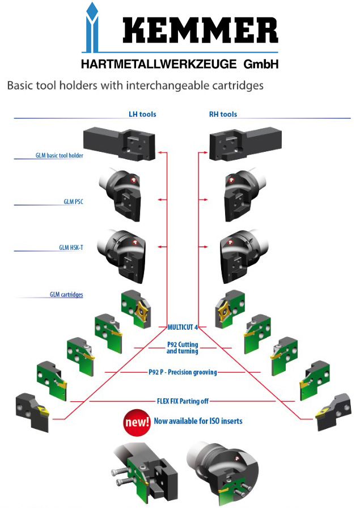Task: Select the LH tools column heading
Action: (142, 114)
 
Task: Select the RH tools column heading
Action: (223, 114)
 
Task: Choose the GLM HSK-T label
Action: (71, 248)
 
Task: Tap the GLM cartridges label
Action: (66, 295)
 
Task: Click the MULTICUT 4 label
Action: (183, 327)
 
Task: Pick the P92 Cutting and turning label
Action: (183, 348)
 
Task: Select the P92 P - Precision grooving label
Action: (183, 372)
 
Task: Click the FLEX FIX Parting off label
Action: (183, 401)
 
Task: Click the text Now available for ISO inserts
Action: (198, 422)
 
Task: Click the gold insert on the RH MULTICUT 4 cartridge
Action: (222, 310)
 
